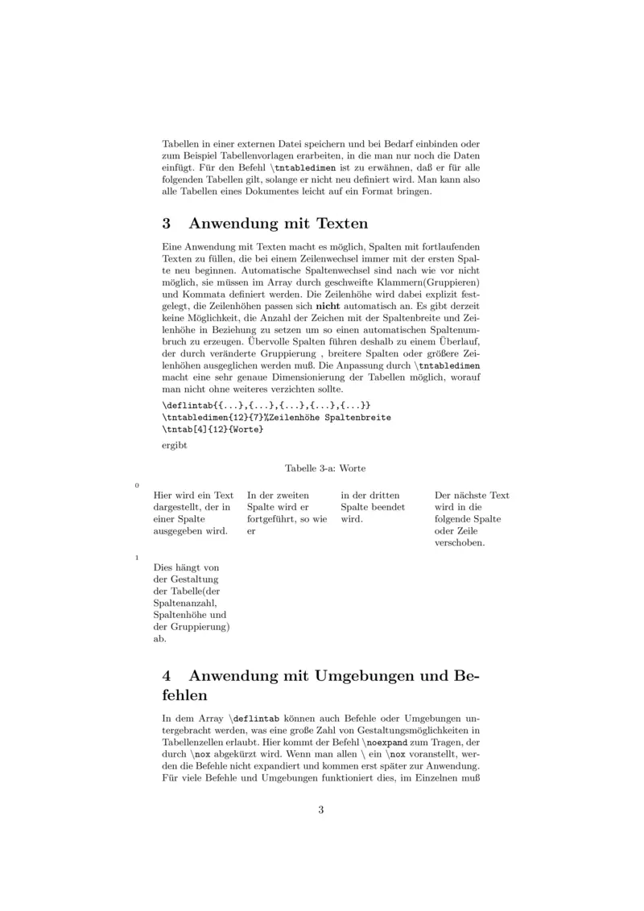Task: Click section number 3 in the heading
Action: click(167, 223)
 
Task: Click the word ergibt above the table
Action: click(174, 445)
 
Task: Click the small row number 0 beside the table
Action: click(137, 485)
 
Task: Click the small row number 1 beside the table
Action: click(137, 557)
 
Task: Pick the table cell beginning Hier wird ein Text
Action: click(193, 513)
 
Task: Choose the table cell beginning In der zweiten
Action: click(287, 513)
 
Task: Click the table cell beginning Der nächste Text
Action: click(472, 518)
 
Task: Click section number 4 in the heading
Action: click(167, 677)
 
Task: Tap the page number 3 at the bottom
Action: click(321, 810)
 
